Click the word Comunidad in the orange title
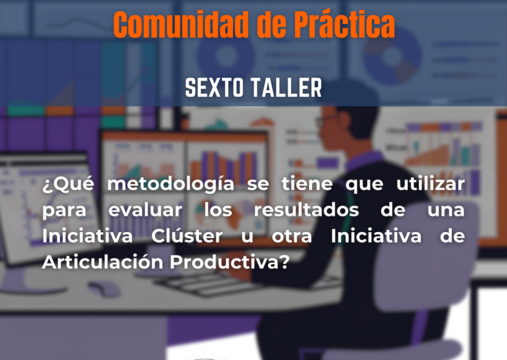(181, 24)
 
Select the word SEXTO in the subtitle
(214, 88)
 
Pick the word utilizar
(430, 184)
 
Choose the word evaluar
(145, 210)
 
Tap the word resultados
(307, 210)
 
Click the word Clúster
(187, 236)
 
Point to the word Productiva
(230, 262)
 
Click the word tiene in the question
(307, 184)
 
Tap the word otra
(292, 236)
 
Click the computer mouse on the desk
(104, 288)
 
